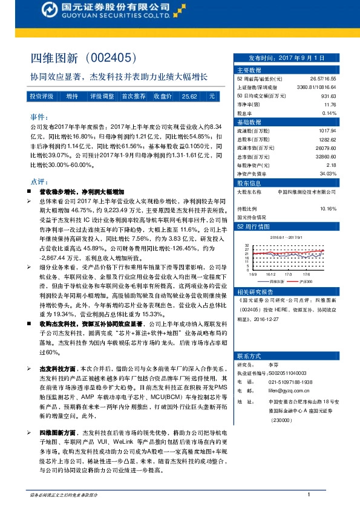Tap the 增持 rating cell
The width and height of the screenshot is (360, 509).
(72, 96)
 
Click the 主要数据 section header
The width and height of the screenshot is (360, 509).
(248, 71)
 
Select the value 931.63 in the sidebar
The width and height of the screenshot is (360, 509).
(328, 96)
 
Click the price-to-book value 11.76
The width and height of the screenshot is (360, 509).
(330, 105)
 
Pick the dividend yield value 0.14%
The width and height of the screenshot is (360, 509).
(329, 113)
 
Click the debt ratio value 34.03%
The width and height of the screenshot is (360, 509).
(327, 173)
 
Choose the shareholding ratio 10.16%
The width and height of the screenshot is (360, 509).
(327, 209)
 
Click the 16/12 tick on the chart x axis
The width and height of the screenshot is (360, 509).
(271, 273)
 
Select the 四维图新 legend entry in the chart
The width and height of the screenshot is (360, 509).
(276, 282)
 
